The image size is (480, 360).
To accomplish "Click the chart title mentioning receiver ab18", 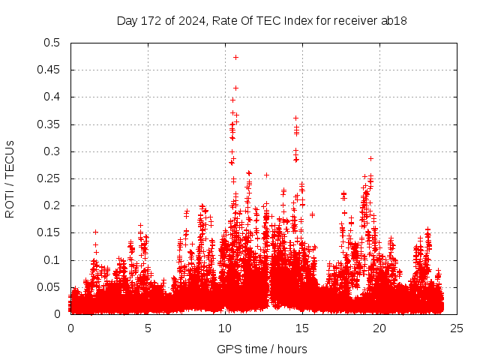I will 262,20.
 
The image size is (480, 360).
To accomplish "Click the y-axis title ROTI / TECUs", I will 10,178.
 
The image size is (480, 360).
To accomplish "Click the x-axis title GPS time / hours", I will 262,349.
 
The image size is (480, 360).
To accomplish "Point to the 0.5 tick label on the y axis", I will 52,43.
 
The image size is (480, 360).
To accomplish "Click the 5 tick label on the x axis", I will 148,328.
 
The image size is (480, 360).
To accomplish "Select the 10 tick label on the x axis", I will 225,328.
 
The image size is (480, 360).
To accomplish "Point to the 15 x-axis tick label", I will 302,328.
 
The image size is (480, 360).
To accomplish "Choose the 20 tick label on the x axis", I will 379,328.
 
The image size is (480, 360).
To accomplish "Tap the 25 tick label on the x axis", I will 457,328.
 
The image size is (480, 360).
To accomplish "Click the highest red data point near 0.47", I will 235,57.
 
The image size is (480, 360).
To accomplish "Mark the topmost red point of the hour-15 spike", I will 295,118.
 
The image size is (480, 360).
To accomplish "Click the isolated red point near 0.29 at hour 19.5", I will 370,158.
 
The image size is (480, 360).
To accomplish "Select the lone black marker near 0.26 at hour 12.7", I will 266,175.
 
